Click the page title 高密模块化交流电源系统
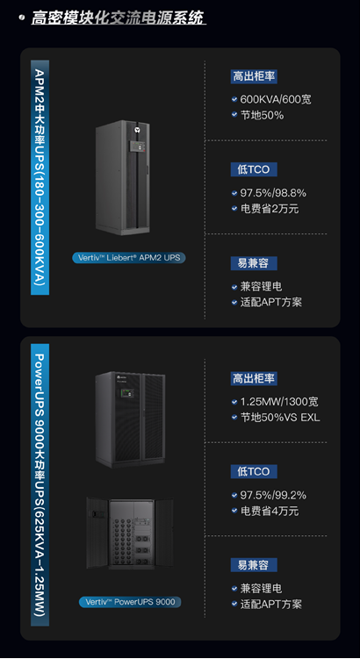(118, 18)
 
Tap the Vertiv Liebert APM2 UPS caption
(129, 257)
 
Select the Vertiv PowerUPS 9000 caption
(130, 601)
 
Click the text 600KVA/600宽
(276, 100)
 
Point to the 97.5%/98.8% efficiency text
(273, 193)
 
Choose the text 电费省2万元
(270, 209)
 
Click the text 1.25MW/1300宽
(279, 401)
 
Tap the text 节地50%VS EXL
(280, 417)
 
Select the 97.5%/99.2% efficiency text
(273, 495)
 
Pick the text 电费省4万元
(270, 511)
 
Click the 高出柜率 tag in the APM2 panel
(254, 76)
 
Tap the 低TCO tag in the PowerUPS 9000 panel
(254, 471)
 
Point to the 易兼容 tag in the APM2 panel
(254, 263)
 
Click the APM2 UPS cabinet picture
(123, 177)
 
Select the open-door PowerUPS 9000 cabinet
(130, 533)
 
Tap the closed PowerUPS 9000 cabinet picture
(130, 419)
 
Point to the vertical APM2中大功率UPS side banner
(40, 177)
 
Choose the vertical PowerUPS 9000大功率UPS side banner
(40, 484)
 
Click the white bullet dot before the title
(21, 18)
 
